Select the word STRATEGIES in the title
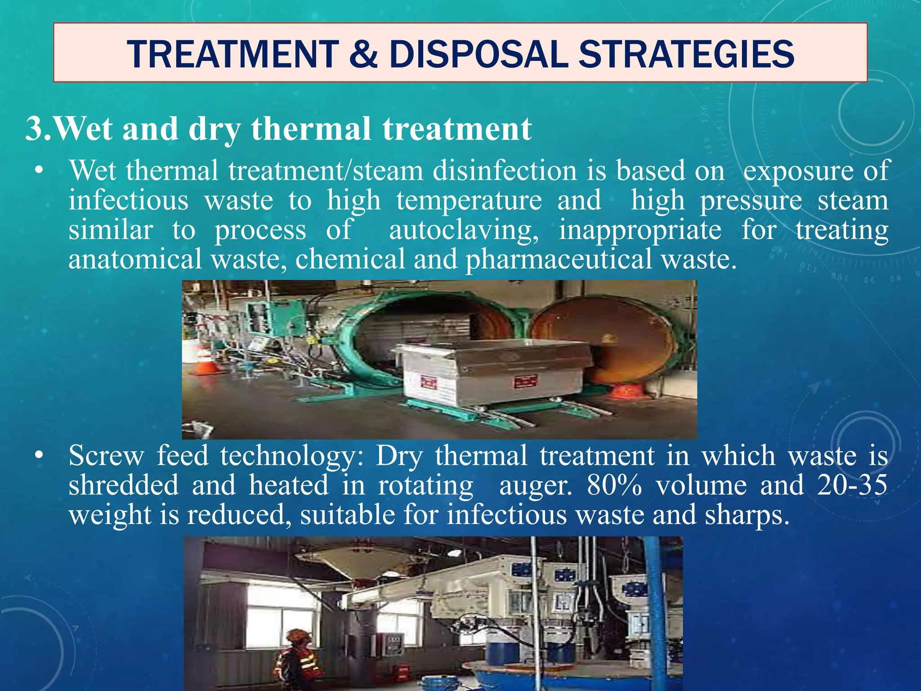[x=686, y=54]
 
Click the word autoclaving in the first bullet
[x=463, y=230]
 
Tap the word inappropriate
[x=639, y=230]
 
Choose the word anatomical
[x=135, y=260]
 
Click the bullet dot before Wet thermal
[x=40, y=171]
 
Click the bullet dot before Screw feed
[x=40, y=456]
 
